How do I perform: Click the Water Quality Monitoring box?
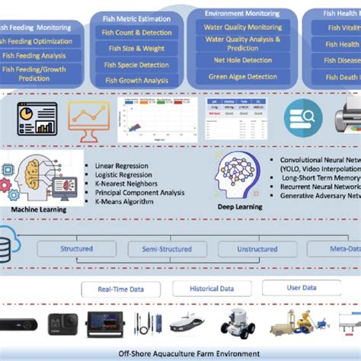pyautogui.click(x=242, y=27)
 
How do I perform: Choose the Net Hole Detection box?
pyautogui.click(x=242, y=59)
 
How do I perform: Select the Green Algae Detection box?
pyautogui.click(x=242, y=76)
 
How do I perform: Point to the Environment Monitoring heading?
pyautogui.click(x=242, y=13)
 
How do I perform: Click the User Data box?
pyautogui.click(x=291, y=288)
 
